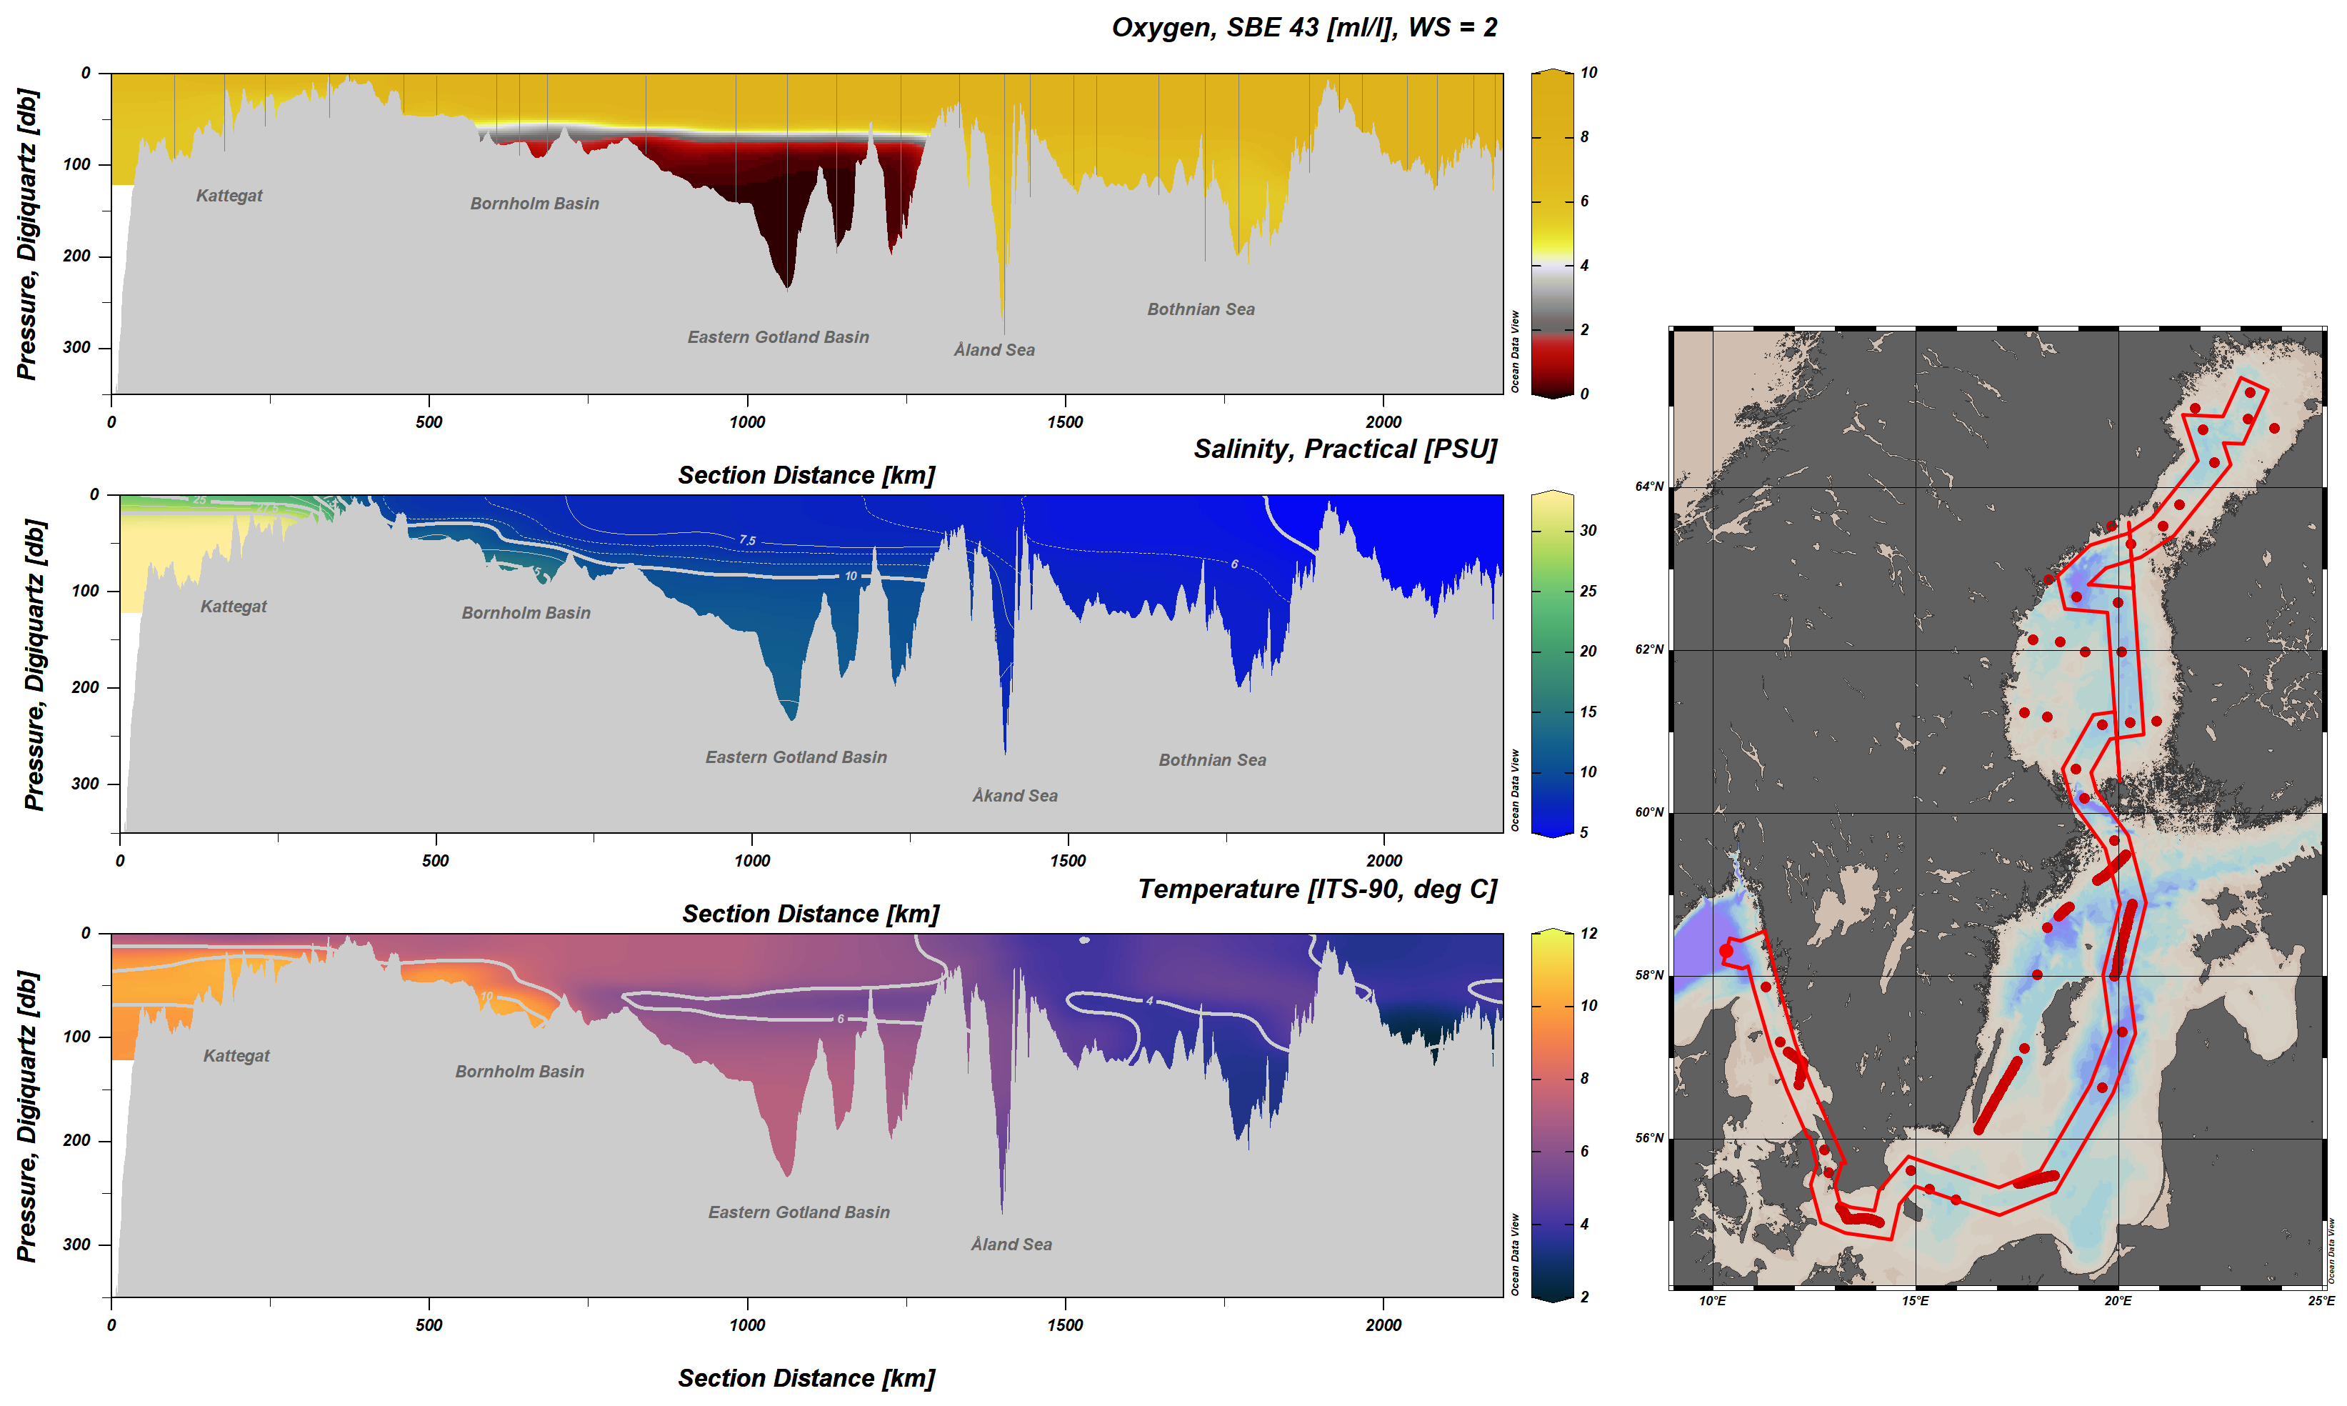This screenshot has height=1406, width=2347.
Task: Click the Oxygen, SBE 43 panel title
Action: pyautogui.click(x=1303, y=27)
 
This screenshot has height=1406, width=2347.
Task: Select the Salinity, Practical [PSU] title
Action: pyautogui.click(x=1344, y=449)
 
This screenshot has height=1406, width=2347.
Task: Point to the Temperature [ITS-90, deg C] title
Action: pyautogui.click(x=1316, y=889)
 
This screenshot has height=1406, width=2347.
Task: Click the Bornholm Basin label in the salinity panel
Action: pyautogui.click(x=526, y=613)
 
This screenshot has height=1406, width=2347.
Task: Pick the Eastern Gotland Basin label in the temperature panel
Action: pyautogui.click(x=799, y=1212)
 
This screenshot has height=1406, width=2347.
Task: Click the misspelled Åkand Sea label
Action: pyautogui.click(x=1014, y=796)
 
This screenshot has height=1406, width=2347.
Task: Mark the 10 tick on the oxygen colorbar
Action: pyautogui.click(x=1588, y=73)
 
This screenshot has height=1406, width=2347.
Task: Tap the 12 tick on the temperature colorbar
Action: pyautogui.click(x=1588, y=933)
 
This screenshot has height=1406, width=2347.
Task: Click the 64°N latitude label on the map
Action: pyautogui.click(x=1649, y=487)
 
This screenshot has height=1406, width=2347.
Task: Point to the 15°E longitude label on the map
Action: pyautogui.click(x=1914, y=1301)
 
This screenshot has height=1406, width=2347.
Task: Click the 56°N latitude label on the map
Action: pyautogui.click(x=1649, y=1138)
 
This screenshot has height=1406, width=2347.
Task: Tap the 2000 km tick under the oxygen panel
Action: pyautogui.click(x=1383, y=422)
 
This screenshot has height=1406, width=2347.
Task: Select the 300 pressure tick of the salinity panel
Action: pyautogui.click(x=85, y=784)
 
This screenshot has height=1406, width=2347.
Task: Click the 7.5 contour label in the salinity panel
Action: pyautogui.click(x=747, y=540)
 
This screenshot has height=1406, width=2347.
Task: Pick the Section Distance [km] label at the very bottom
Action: pyautogui.click(x=806, y=1379)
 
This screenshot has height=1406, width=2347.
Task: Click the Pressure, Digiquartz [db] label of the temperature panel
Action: pyautogui.click(x=26, y=1115)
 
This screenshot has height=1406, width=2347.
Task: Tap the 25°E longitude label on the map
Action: pyautogui.click(x=2320, y=1301)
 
